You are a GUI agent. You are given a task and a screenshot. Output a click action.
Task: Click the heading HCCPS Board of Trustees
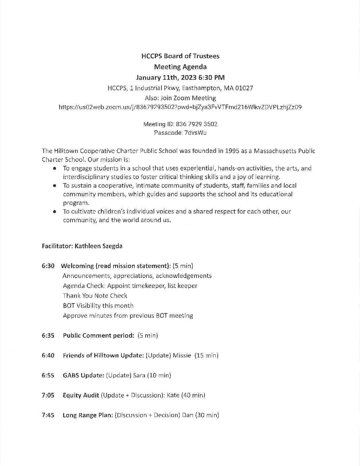180,56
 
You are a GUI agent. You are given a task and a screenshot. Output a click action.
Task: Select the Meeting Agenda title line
180,67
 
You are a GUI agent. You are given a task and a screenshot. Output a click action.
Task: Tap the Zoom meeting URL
180,107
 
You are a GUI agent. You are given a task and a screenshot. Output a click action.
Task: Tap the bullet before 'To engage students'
55,168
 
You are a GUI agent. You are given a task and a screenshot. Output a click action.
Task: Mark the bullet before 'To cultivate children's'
55,211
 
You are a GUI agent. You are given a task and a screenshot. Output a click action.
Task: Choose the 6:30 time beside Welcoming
48,266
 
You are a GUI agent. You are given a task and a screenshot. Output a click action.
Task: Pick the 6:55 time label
48,375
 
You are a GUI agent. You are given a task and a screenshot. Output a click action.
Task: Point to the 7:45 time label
48,415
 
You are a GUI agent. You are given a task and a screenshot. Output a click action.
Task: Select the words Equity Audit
81,395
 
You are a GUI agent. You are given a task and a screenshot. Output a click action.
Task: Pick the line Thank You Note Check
95,296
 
